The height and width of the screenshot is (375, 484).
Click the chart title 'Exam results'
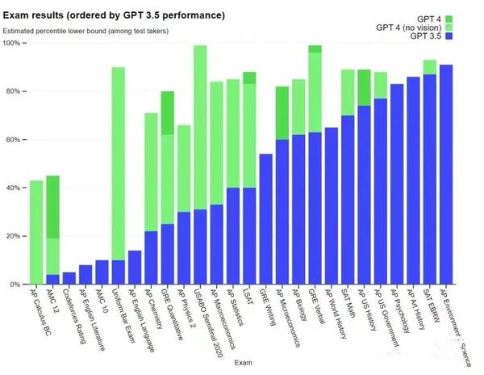(113, 15)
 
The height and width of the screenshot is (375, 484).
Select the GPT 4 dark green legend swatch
(449, 19)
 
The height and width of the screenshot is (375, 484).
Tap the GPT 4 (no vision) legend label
(408, 27)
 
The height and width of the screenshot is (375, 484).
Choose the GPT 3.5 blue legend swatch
(449, 36)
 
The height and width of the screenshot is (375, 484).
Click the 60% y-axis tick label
(15, 140)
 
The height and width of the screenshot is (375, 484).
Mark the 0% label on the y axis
(16, 284)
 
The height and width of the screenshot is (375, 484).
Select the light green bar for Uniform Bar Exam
(118, 162)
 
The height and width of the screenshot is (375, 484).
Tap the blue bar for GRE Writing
(265, 218)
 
